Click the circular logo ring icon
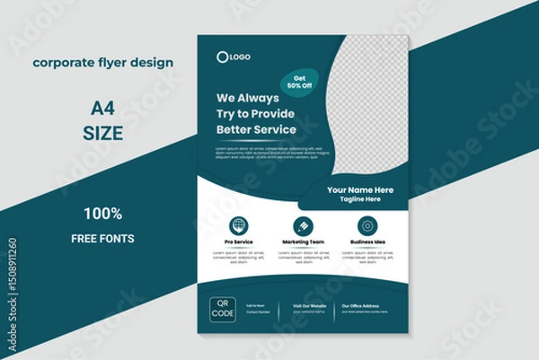[222, 57]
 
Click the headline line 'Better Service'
[256, 129]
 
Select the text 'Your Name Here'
[359, 189]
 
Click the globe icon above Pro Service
[238, 225]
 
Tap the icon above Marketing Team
[303, 225]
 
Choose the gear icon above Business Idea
[367, 225]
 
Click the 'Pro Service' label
[238, 242]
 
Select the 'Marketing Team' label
[303, 242]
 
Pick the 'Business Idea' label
[367, 242]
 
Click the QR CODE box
[223, 309]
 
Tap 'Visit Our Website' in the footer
[309, 306]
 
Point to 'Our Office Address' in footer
[363, 306]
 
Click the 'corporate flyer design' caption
[103, 63]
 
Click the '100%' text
[103, 214]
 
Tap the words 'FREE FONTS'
[103, 239]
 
